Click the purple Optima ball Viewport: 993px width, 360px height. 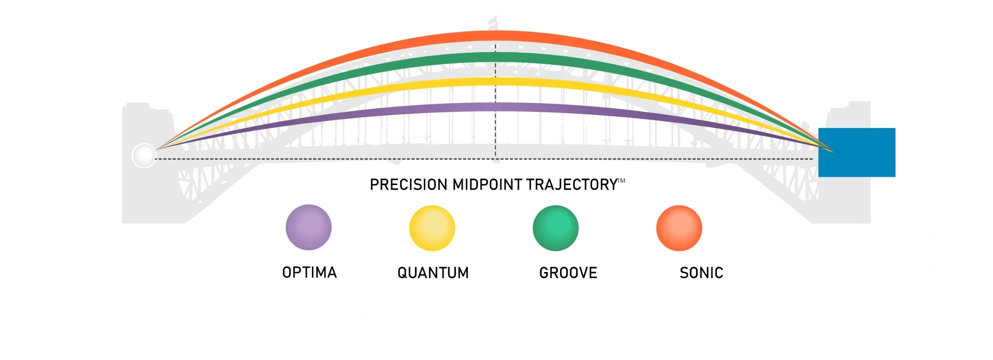[308, 228]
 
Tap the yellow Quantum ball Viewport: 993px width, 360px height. [432, 228]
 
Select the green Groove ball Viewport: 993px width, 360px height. [556, 228]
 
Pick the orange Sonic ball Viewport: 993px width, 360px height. [679, 228]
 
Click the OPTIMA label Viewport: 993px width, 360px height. [309, 273]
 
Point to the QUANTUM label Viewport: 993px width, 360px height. [433, 273]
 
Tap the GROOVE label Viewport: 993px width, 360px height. [568, 273]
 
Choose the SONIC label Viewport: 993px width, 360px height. [701, 273]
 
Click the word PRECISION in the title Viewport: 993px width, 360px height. [408, 185]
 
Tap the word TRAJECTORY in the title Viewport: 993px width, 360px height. [572, 185]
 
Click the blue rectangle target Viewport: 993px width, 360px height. [857, 153]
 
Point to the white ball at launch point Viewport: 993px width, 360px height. [144, 155]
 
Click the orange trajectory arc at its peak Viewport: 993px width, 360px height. [495, 36]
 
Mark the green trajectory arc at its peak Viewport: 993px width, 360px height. [495, 57]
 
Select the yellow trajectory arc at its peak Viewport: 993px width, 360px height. [495, 81]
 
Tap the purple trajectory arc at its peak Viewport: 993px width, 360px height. [495, 107]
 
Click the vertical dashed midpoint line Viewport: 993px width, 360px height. [495, 132]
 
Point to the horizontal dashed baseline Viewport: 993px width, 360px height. [321, 159]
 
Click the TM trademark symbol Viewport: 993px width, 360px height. [622, 181]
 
